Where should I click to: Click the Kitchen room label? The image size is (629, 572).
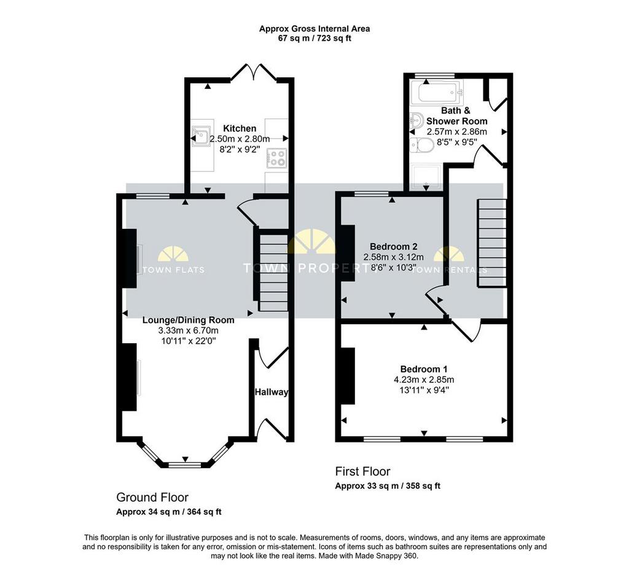click(x=240, y=128)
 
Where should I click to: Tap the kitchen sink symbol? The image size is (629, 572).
click(x=201, y=136)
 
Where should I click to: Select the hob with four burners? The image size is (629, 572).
click(x=277, y=158)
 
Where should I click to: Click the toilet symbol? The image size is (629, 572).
click(x=422, y=145)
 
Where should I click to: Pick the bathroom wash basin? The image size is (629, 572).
click(x=417, y=119)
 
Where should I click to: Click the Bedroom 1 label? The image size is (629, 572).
click(x=424, y=369)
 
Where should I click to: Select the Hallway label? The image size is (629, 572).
click(x=272, y=392)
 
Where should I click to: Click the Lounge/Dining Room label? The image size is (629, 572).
click(x=189, y=320)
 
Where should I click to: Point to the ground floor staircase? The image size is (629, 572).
click(x=274, y=273)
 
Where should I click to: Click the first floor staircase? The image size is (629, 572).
click(x=492, y=243)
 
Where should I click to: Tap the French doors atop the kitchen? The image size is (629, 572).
click(x=254, y=72)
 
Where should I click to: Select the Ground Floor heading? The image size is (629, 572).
click(x=152, y=498)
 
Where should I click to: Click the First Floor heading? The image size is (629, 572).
click(x=362, y=471)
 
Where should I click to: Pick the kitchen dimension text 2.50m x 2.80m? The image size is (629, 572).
click(x=240, y=139)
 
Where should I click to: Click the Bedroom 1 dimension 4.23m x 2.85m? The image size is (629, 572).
click(x=424, y=380)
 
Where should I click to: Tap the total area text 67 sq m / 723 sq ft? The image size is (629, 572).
click(x=314, y=39)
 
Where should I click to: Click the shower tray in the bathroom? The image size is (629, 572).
click(x=426, y=176)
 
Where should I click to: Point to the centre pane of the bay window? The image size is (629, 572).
click(x=184, y=465)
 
